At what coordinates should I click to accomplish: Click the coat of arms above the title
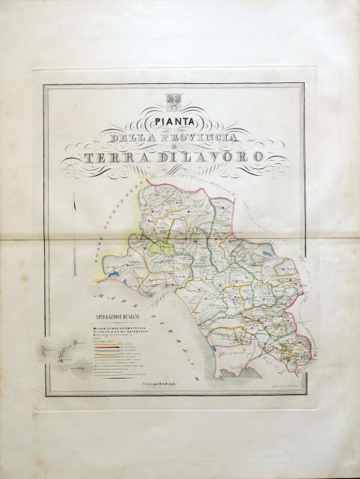[x=173, y=100]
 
